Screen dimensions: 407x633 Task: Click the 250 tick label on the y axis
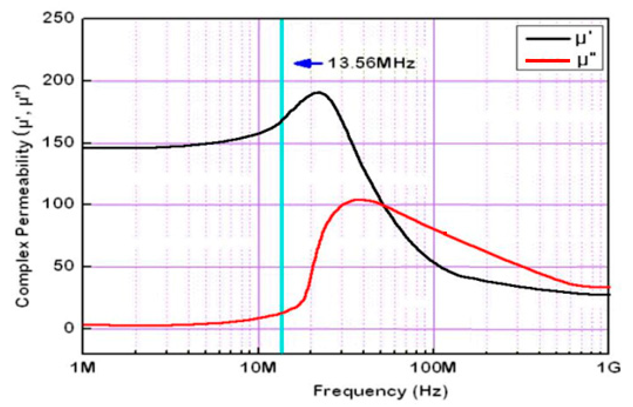point(58,18)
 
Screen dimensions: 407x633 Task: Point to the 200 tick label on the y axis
point(58,80)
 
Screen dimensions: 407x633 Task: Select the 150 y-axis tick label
point(58,143)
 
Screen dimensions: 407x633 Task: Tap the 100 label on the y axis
point(58,204)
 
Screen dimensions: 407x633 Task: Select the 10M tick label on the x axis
point(258,367)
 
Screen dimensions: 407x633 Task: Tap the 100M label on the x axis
point(433,367)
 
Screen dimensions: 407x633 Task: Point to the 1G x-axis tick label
point(609,367)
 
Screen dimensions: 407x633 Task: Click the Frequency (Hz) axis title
point(381,391)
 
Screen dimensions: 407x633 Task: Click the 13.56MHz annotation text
point(371,63)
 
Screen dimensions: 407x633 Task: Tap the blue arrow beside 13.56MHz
point(308,63)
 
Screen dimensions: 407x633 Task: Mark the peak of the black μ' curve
point(318,92)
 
